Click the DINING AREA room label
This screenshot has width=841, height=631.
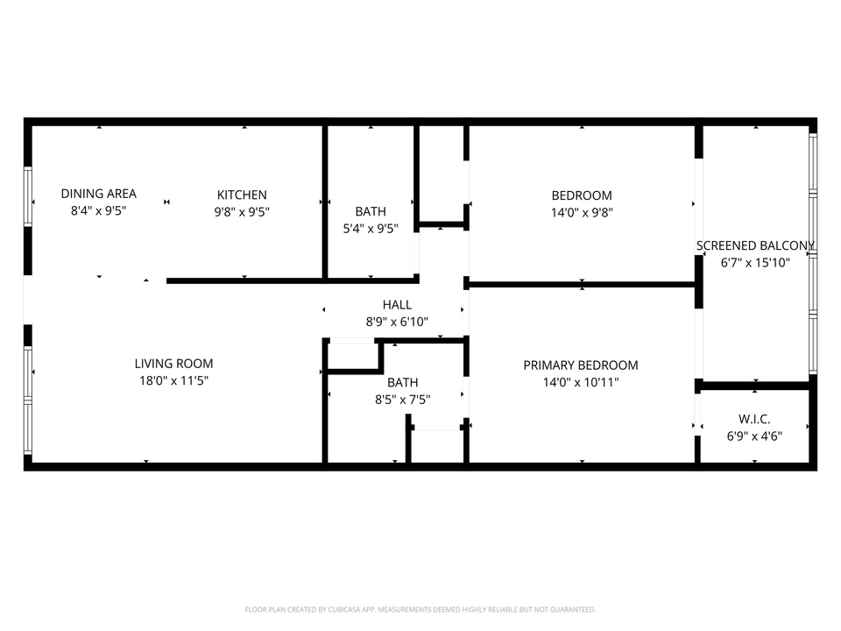(98, 194)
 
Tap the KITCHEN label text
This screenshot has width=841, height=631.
(242, 195)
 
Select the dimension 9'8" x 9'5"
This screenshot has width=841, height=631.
(242, 211)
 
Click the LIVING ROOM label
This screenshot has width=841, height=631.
(173, 364)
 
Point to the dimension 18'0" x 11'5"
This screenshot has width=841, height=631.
(173, 380)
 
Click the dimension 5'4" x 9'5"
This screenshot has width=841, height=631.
(371, 229)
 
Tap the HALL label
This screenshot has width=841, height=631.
(397, 305)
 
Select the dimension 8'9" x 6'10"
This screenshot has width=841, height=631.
(397, 322)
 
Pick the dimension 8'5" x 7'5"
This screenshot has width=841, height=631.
(403, 400)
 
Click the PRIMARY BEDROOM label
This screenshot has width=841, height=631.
(581, 365)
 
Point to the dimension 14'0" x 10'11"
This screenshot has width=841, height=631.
(581, 382)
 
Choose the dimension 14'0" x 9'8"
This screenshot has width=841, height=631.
(582, 212)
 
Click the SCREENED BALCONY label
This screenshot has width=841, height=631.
(755, 245)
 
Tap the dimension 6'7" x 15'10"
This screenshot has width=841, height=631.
(755, 262)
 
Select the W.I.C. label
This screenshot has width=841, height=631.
(754, 419)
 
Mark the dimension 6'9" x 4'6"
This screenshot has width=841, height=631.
(754, 436)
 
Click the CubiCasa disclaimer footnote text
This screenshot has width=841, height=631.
(420, 609)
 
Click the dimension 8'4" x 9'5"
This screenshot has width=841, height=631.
(98, 211)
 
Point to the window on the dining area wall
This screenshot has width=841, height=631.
(28, 198)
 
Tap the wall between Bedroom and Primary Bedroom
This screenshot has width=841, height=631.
(582, 284)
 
